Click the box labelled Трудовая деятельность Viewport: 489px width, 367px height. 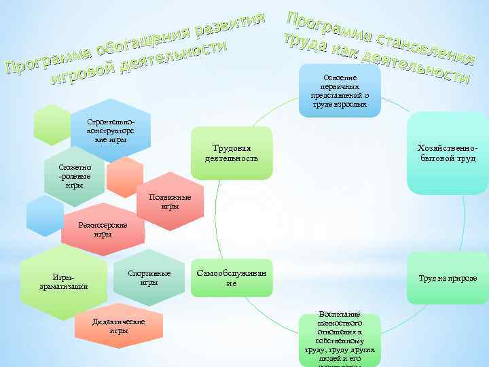[x=232, y=154]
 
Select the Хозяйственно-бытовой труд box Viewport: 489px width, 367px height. [x=448, y=154]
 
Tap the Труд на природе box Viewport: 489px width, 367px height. [x=448, y=278]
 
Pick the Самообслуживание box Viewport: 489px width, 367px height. [x=232, y=278]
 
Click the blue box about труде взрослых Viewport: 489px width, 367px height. [x=339, y=91]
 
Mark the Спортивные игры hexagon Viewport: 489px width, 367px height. [x=149, y=278]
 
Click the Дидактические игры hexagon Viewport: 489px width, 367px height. [x=118, y=326]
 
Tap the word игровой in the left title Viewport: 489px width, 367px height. [x=81, y=76]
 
